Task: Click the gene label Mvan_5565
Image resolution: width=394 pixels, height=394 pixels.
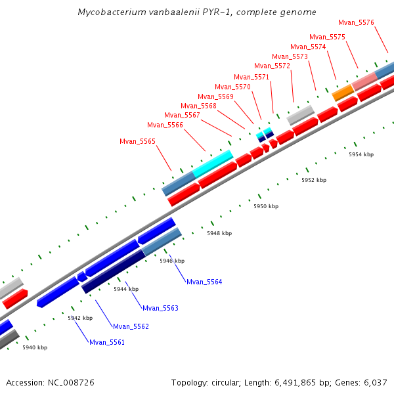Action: pos(138,141)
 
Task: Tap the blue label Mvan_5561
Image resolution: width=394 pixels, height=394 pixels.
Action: pos(107,342)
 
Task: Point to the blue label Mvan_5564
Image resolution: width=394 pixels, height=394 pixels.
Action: pos(204,282)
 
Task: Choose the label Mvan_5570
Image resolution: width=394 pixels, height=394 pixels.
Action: pos(232,87)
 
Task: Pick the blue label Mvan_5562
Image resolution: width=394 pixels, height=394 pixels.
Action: pos(131,326)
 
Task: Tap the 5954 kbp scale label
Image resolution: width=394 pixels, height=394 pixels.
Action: pos(361,154)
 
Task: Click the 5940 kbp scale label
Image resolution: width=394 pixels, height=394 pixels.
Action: pos(35,347)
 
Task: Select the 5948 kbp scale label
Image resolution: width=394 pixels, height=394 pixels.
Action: pos(219,233)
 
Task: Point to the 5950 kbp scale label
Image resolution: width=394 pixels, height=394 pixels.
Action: pos(266,206)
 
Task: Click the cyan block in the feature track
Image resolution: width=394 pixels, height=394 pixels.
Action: pos(213,163)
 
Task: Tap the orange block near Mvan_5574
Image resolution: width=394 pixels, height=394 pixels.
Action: pos(342,93)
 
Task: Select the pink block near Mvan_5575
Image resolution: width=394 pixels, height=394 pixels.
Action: pos(364,81)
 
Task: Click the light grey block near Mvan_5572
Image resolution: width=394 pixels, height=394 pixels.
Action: pos(300,115)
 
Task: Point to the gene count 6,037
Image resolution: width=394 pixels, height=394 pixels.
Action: pos(374,382)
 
